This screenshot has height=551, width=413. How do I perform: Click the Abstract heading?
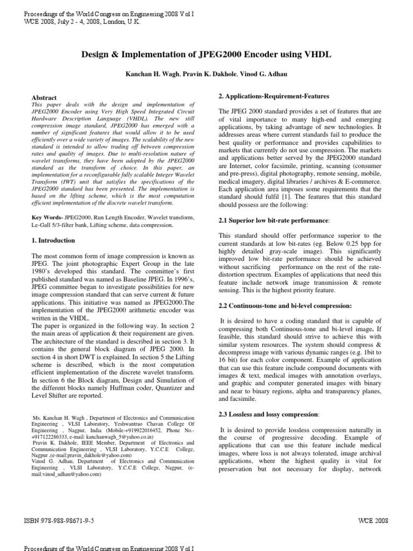(x=45, y=98)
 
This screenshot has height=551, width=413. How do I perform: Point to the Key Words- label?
(x=48, y=217)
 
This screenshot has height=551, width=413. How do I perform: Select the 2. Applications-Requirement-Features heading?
(x=274, y=96)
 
